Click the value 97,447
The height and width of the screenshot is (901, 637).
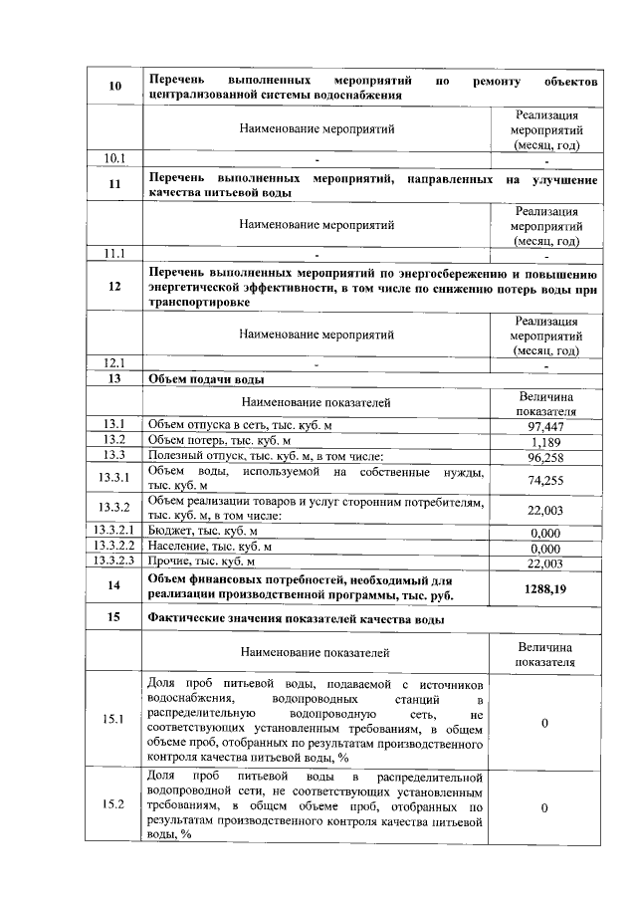point(544,425)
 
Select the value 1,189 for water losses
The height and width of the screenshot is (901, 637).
point(544,442)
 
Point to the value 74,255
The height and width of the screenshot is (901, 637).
point(544,479)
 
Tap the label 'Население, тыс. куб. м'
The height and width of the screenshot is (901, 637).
point(210,547)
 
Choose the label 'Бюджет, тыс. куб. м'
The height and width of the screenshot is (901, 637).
point(202,532)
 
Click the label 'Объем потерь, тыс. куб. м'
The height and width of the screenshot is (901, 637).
point(219,440)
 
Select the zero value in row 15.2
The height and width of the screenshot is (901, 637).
point(544,807)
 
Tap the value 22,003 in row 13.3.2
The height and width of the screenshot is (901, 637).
point(544,509)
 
